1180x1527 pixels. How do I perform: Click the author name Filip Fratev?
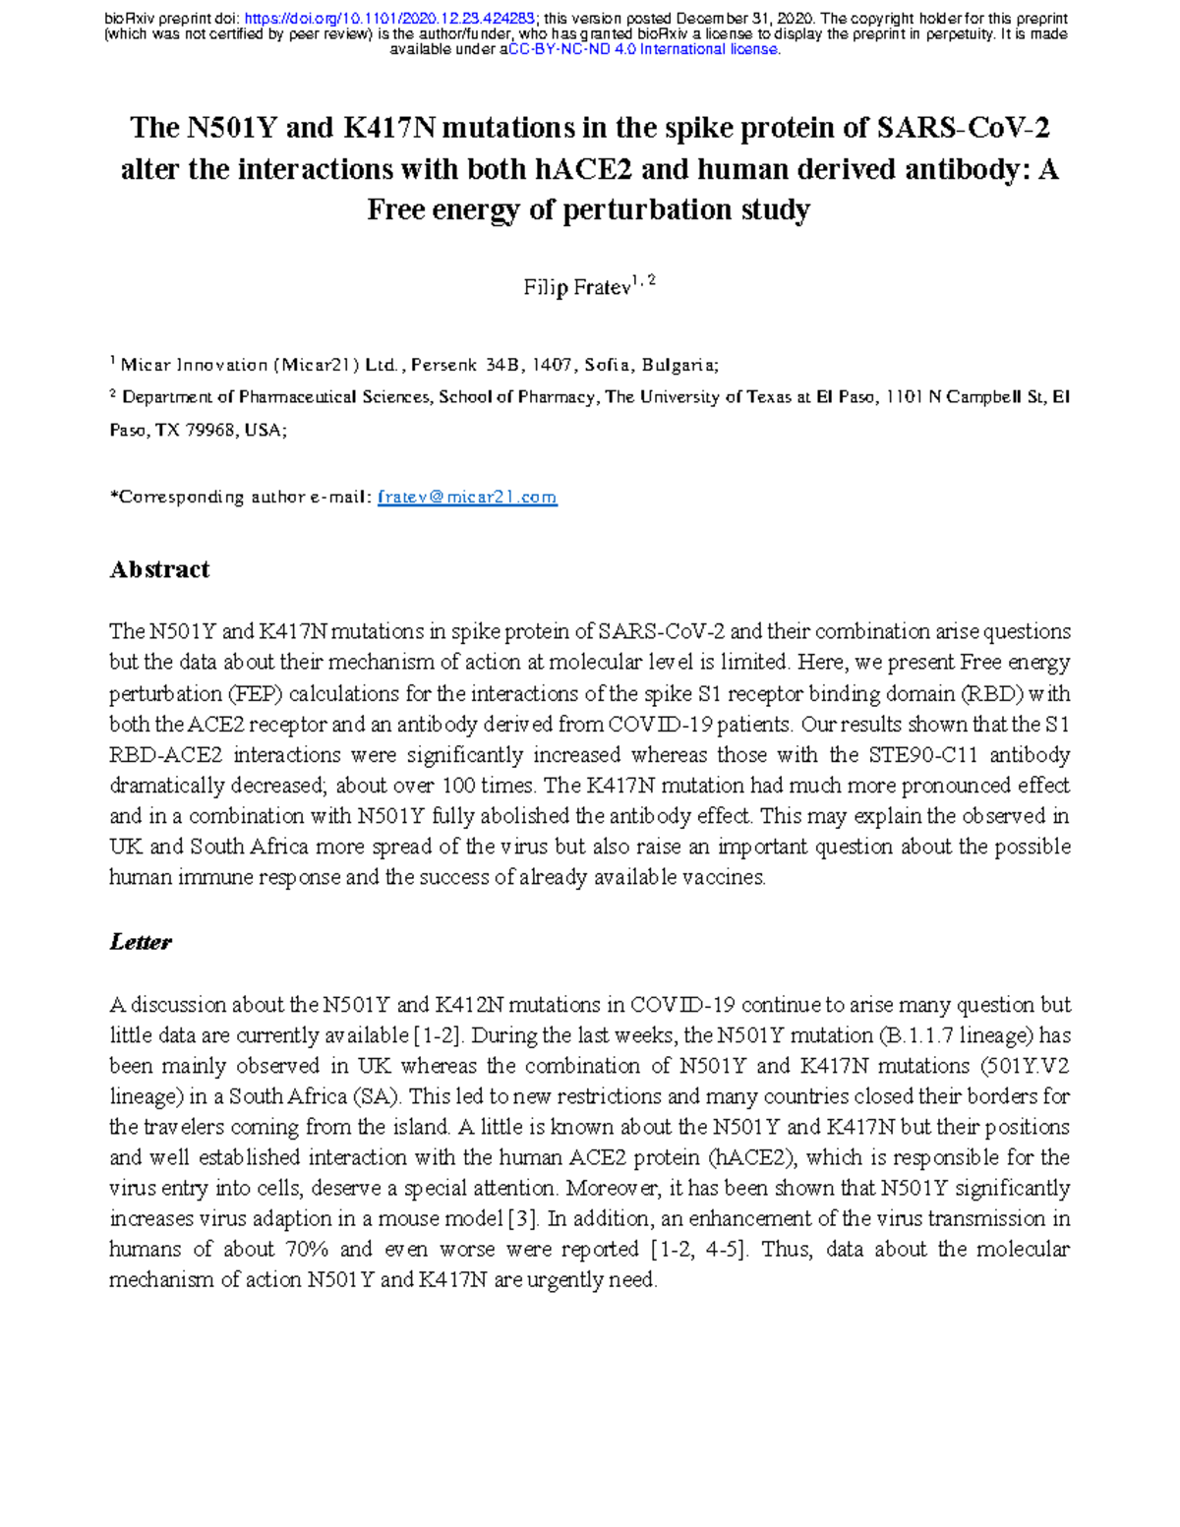coord(576,288)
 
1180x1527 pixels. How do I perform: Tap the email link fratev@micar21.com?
coord(467,498)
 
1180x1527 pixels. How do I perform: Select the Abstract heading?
coord(159,569)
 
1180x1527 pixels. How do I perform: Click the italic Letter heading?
coord(141,942)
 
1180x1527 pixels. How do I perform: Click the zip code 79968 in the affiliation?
coord(209,430)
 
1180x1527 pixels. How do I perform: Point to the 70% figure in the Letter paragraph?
coord(304,1249)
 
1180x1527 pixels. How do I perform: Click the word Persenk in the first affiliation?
coord(444,365)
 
